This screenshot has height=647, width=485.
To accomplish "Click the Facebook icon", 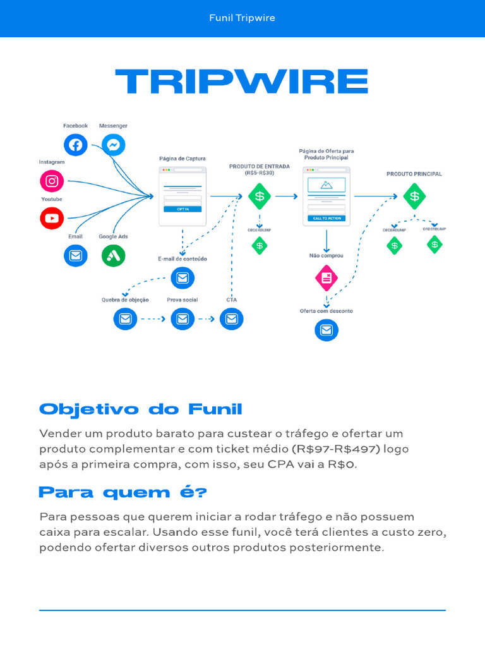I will pyautogui.click(x=75, y=145).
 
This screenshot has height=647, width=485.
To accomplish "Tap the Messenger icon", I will pyautogui.click(x=114, y=145).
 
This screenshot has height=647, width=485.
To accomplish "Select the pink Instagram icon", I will pyautogui.click(x=52, y=181).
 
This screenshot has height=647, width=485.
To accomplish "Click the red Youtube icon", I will pyautogui.click(x=52, y=218).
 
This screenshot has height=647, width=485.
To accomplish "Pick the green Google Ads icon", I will pyautogui.click(x=114, y=255).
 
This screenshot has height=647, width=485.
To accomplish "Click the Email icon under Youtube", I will pyautogui.click(x=76, y=255).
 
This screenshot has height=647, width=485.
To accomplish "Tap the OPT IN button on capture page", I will pyautogui.click(x=183, y=209).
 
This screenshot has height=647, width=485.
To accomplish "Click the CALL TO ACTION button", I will pyautogui.click(x=326, y=218).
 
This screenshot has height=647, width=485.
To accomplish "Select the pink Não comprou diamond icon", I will pyautogui.click(x=326, y=278).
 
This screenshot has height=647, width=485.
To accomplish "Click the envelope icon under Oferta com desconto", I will pyautogui.click(x=326, y=330).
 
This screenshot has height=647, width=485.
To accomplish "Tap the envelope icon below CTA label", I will pyautogui.click(x=232, y=319).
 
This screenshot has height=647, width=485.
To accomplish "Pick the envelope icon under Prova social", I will pyautogui.click(x=183, y=319).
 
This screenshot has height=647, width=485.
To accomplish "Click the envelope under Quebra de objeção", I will pyautogui.click(x=125, y=319).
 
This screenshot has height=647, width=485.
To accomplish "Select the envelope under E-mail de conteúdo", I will pyautogui.click(x=183, y=278).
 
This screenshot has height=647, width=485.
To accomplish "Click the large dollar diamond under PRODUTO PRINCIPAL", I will pyautogui.click(x=414, y=197).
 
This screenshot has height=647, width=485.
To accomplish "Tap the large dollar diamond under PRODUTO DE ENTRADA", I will pyautogui.click(x=260, y=197).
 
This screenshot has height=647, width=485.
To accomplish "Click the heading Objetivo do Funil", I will pyautogui.click(x=141, y=409).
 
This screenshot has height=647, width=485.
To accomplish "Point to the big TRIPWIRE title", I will pyautogui.click(x=242, y=82).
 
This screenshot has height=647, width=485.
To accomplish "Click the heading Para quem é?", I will pyautogui.click(x=123, y=492).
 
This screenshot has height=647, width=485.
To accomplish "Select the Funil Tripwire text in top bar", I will pyautogui.click(x=242, y=18).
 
